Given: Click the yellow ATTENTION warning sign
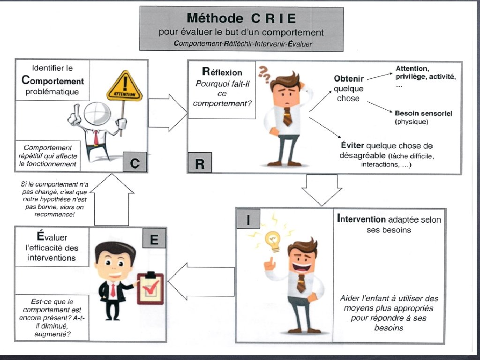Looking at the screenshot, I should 124,87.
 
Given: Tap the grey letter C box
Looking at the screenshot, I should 135,164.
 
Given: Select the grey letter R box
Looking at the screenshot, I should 200,164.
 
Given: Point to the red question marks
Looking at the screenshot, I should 265,74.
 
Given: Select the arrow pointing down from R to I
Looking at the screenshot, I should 319,189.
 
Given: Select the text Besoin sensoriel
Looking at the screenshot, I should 423,113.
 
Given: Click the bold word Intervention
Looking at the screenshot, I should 361,219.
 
